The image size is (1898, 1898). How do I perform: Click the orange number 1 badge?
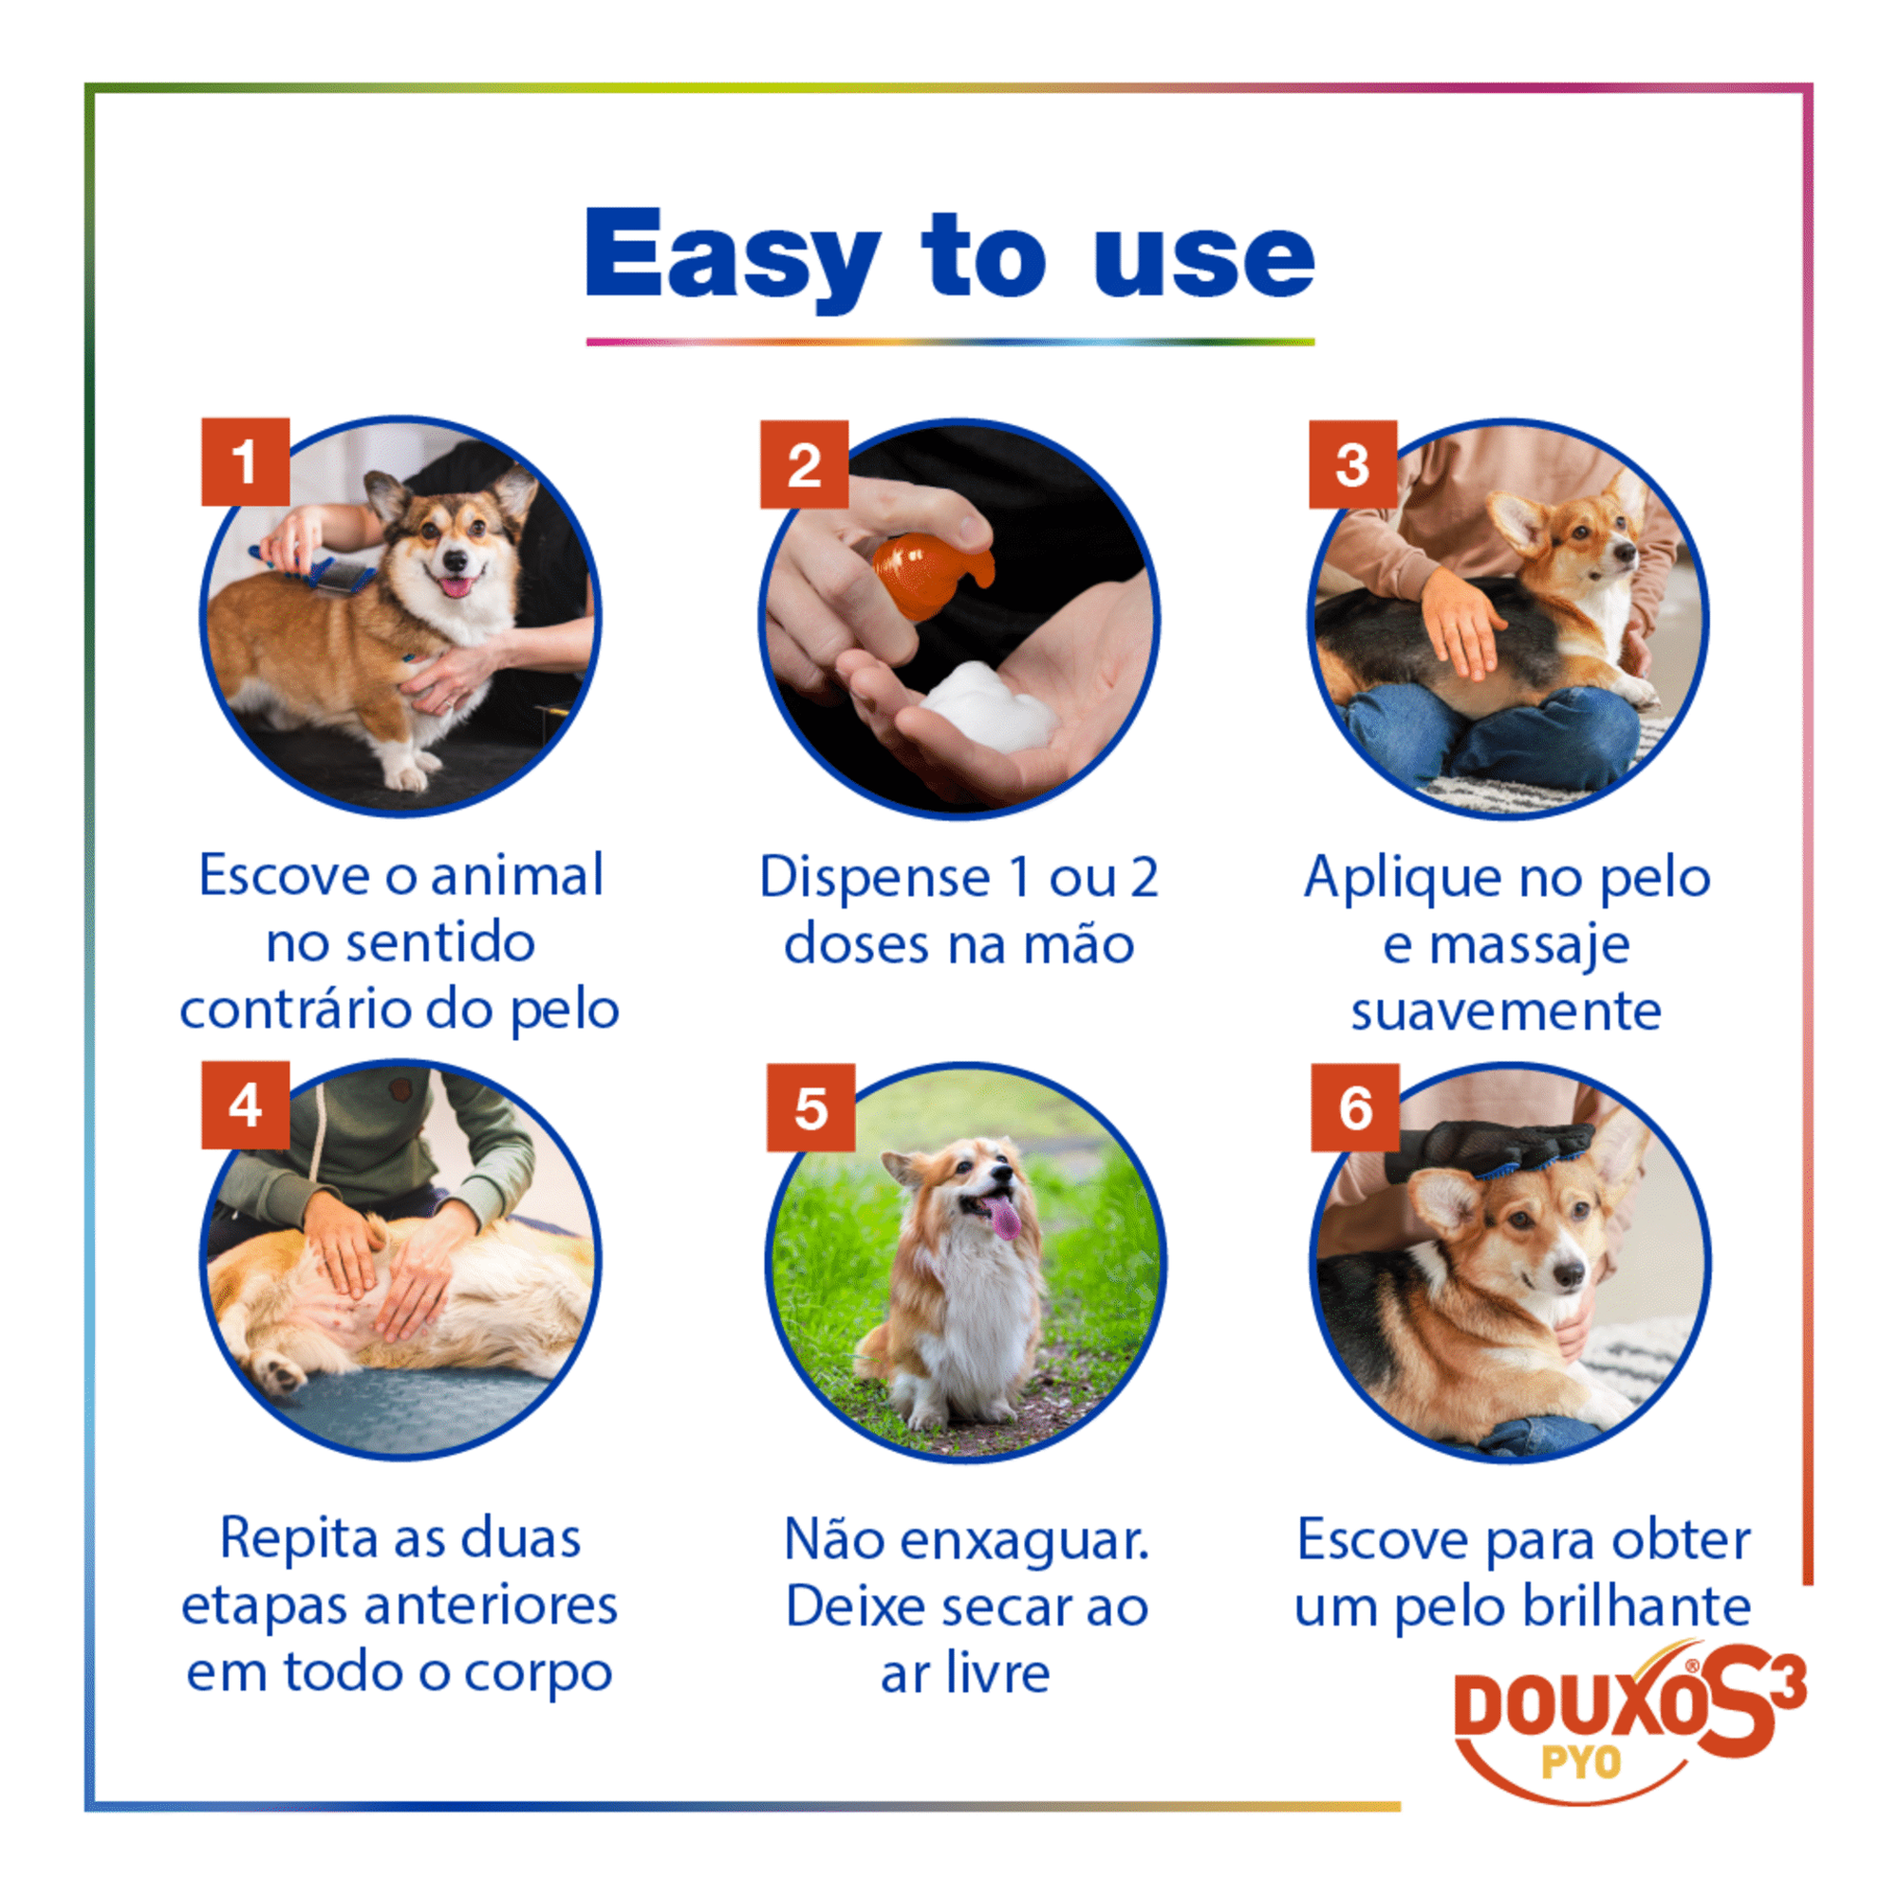coord(246,462)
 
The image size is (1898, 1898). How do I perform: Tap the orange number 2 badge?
coord(805,465)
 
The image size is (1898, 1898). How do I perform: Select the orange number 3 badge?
coord(1352,465)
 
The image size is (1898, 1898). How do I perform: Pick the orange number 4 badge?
coord(246,1106)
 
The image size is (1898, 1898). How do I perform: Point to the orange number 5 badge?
coord(811,1108)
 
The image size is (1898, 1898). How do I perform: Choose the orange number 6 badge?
coord(1356,1108)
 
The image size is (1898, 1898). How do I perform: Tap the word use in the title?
coord(1204,261)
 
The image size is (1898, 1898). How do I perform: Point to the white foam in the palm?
coord(987,707)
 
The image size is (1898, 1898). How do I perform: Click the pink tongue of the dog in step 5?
coord(1004,1218)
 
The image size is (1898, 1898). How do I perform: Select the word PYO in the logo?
coord(1581,1762)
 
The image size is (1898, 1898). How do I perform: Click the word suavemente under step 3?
coord(1506,1012)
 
